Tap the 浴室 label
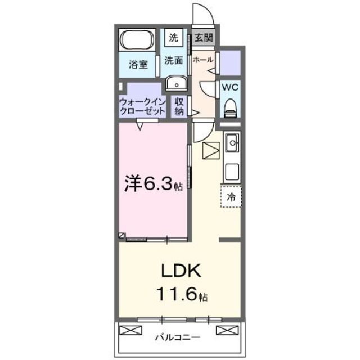click(138, 64)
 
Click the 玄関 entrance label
click(203, 38)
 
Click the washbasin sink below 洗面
click(177, 84)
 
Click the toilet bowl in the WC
click(231, 107)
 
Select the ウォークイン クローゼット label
click(142, 106)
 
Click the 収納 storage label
click(179, 106)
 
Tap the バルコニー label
click(178, 338)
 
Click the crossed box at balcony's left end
click(127, 330)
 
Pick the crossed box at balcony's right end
click(224, 330)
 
